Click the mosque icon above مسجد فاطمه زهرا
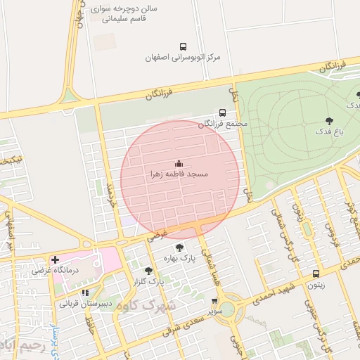pos(177,162)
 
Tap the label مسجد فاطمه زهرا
pos(177,173)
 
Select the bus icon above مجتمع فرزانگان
pos(223,112)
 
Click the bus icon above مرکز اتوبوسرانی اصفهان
pos(183,46)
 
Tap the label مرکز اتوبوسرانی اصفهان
pos(183,56)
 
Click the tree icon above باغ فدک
pos(329,120)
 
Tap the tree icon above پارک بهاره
pos(180,247)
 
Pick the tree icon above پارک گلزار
pos(148,271)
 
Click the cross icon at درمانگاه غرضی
pos(55,260)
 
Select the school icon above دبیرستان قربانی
pos(85,293)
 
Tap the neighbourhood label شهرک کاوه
pos(147,306)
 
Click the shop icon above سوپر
pos(214,300)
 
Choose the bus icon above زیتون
pos(316,274)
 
